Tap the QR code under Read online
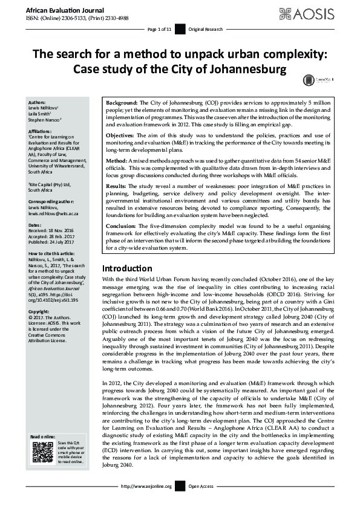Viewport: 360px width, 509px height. pyautogui.click(x=40, y=450)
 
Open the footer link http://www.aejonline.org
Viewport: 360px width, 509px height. pyautogui.click(x=146, y=503)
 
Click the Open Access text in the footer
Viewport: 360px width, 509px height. pyautogui.click(x=201, y=503)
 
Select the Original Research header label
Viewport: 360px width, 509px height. pyautogui.click(x=205, y=28)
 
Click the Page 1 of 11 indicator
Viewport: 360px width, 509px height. pyautogui.click(x=159, y=28)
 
